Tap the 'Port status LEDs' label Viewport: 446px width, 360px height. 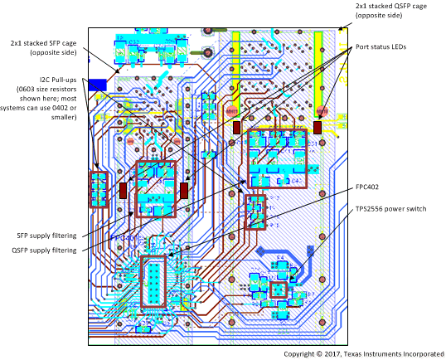click(x=384, y=46)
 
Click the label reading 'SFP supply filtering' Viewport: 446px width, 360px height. click(x=41, y=235)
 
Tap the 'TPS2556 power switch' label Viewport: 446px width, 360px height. click(x=390, y=209)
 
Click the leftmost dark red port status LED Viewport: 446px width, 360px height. click(x=124, y=190)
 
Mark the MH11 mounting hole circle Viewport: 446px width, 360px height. click(x=230, y=109)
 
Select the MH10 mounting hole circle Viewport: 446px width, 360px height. click(x=322, y=109)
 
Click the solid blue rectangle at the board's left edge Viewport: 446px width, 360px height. click(x=96, y=84)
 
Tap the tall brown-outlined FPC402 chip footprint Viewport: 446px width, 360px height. click(x=154, y=283)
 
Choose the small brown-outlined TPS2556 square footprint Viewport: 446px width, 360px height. click(x=279, y=289)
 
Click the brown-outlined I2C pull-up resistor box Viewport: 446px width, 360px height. click(x=99, y=189)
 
